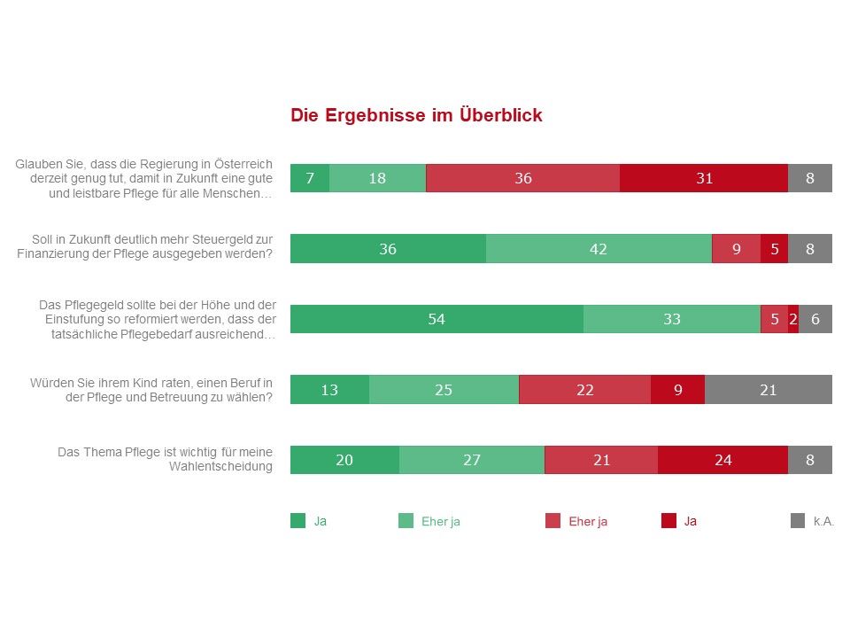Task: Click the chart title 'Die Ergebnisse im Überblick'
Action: [x=416, y=116]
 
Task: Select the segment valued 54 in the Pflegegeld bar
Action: [x=437, y=319]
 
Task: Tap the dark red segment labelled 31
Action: [x=704, y=178]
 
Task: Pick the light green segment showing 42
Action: [x=599, y=249]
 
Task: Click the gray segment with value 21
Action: [x=768, y=389]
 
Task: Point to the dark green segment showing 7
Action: [x=310, y=178]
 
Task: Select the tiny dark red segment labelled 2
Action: [x=793, y=319]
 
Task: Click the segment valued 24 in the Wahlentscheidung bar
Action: [x=722, y=460]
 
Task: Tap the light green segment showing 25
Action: [x=444, y=389]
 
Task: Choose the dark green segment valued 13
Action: [x=329, y=389]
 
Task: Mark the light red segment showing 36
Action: [x=522, y=178]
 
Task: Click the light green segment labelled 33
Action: [x=671, y=319]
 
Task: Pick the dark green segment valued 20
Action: [x=344, y=460]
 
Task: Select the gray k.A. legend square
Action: [x=797, y=521]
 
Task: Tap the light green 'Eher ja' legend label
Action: [x=440, y=521]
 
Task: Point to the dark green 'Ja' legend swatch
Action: [x=297, y=521]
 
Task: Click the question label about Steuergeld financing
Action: [x=145, y=246]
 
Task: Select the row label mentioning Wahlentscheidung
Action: [x=166, y=459]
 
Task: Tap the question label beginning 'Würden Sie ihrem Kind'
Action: [x=151, y=389]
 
